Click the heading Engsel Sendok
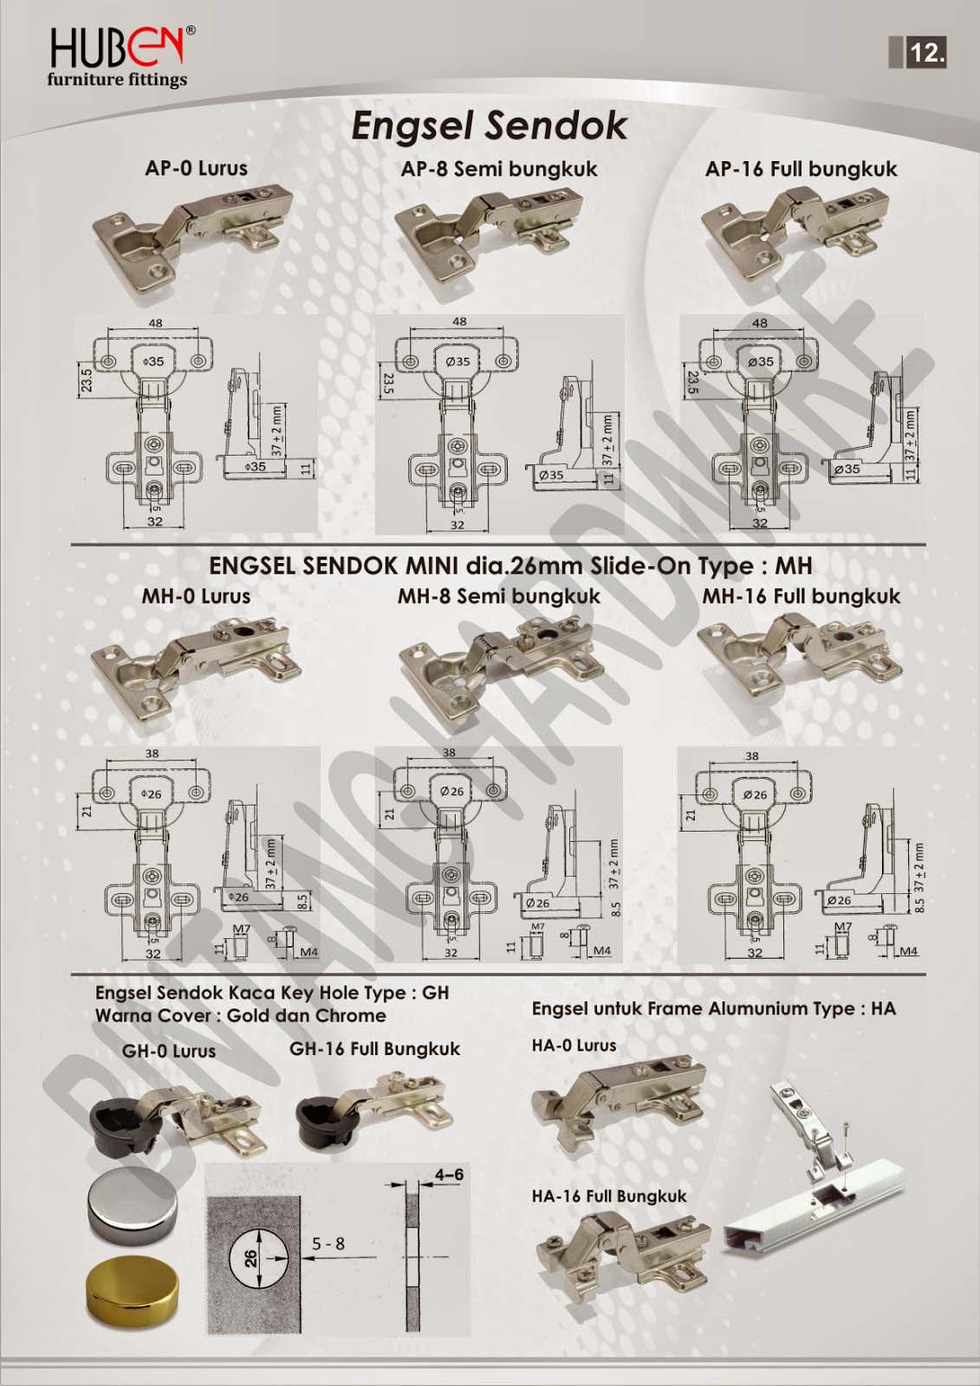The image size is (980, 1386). (x=490, y=126)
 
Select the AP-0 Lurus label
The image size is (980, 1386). (x=196, y=168)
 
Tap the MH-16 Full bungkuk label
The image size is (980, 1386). (x=801, y=596)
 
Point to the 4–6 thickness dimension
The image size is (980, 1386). (x=449, y=1175)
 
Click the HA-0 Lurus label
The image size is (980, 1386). (x=574, y=1045)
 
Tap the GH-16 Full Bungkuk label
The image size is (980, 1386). (x=374, y=1048)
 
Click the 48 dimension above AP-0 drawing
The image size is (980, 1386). (x=155, y=323)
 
